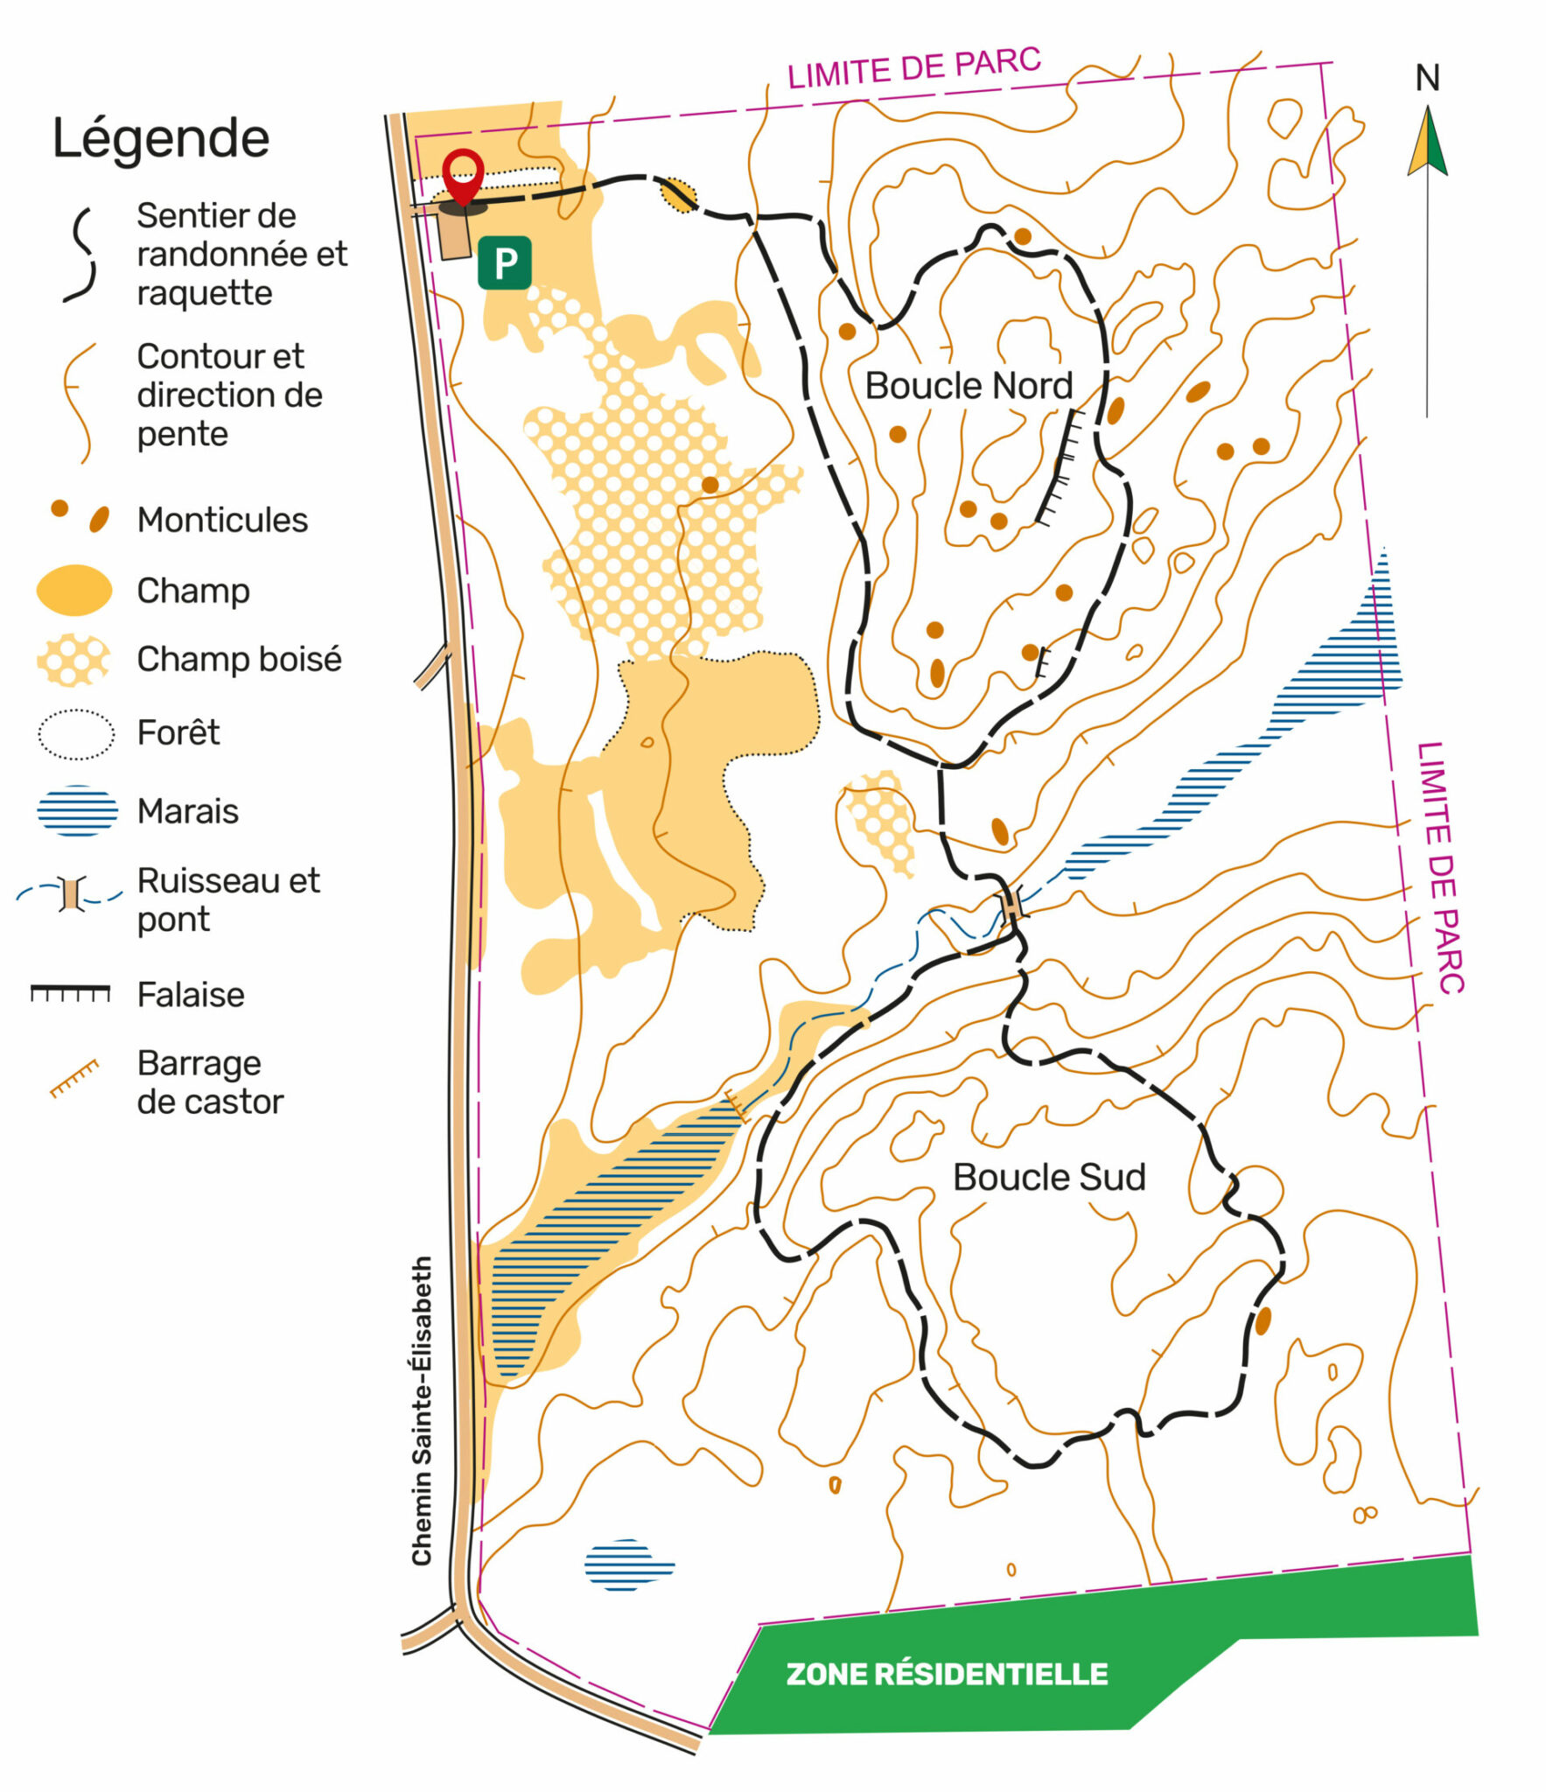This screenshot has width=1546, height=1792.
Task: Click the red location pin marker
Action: pos(463,175)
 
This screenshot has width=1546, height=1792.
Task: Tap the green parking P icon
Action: pos(504,262)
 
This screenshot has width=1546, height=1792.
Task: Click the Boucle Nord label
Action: pos(969,386)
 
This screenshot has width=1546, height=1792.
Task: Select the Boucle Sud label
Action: pos(1049,1177)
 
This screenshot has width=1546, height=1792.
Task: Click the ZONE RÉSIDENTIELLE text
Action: pos(947,1674)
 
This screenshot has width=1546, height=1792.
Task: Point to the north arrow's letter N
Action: pos(1427,79)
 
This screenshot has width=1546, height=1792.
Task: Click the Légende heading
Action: pos(161,138)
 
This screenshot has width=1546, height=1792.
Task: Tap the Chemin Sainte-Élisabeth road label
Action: pos(423,1410)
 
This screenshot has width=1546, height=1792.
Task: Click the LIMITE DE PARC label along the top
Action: pos(914,67)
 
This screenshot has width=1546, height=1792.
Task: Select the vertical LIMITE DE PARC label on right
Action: pos(1440,867)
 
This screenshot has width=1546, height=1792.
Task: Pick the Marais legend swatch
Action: pos(77,810)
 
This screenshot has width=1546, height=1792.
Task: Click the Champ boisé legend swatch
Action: pos(73,660)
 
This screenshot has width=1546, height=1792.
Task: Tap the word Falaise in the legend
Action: pos(191,995)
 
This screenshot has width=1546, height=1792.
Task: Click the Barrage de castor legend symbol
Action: pos(74,1078)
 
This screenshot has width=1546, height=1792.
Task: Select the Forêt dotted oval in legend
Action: pos(76,733)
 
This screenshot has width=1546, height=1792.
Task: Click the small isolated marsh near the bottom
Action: pos(627,1564)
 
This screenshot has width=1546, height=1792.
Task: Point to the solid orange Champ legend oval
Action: pos(74,590)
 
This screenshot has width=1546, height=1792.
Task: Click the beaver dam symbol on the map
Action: pos(738,1107)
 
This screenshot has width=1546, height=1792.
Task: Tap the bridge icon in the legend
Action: pos(72,894)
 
